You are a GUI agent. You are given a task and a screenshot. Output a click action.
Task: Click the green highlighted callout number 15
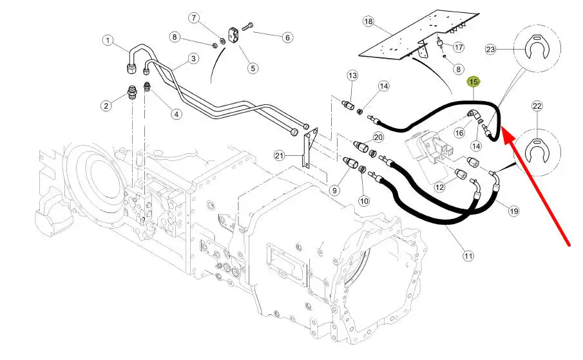473,82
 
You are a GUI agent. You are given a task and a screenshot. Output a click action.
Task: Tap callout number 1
108,40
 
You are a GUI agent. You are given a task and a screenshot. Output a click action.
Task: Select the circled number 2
106,106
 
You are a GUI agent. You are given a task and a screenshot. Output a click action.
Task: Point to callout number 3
193,59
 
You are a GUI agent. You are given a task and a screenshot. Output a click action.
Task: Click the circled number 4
176,114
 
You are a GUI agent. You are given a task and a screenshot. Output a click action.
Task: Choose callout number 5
253,68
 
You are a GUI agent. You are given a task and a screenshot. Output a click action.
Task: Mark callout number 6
287,37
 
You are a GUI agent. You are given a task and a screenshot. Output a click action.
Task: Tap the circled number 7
194,18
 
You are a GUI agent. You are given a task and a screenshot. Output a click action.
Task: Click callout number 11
468,256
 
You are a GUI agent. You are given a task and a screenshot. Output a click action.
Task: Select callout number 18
368,21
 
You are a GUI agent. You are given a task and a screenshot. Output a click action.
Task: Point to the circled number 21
279,156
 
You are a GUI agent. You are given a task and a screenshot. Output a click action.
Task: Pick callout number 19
513,211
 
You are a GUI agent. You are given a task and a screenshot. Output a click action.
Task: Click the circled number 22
537,106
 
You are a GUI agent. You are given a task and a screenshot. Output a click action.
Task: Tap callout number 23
490,50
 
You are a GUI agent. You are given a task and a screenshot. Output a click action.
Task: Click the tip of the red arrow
502,127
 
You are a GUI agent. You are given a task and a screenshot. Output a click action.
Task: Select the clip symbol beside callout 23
537,48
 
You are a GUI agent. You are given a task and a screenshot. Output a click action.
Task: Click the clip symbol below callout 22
537,151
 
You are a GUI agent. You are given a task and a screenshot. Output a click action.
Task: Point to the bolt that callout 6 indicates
247,26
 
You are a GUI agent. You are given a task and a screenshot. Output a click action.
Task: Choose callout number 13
352,76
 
